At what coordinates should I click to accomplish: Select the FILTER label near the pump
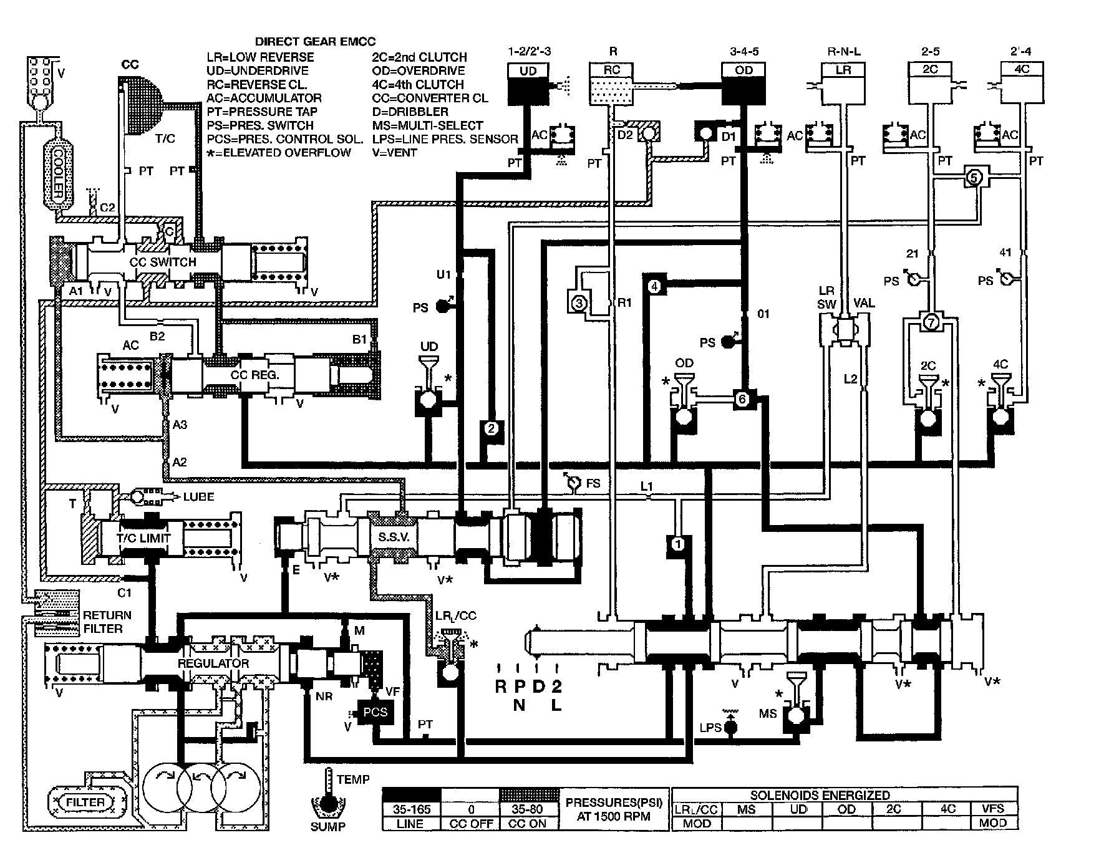pos(85,802)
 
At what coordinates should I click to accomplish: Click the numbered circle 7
pos(929,322)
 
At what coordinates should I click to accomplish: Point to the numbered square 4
pos(654,286)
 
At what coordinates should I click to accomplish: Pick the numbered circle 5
pos(974,178)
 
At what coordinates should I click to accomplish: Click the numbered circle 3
pos(578,304)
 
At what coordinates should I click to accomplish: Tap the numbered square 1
pos(679,544)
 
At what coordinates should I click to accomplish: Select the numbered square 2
pos(491,428)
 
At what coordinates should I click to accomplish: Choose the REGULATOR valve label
pos(213,663)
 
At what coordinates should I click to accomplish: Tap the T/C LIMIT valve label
pos(143,537)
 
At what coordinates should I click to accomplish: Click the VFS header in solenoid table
pos(993,809)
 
